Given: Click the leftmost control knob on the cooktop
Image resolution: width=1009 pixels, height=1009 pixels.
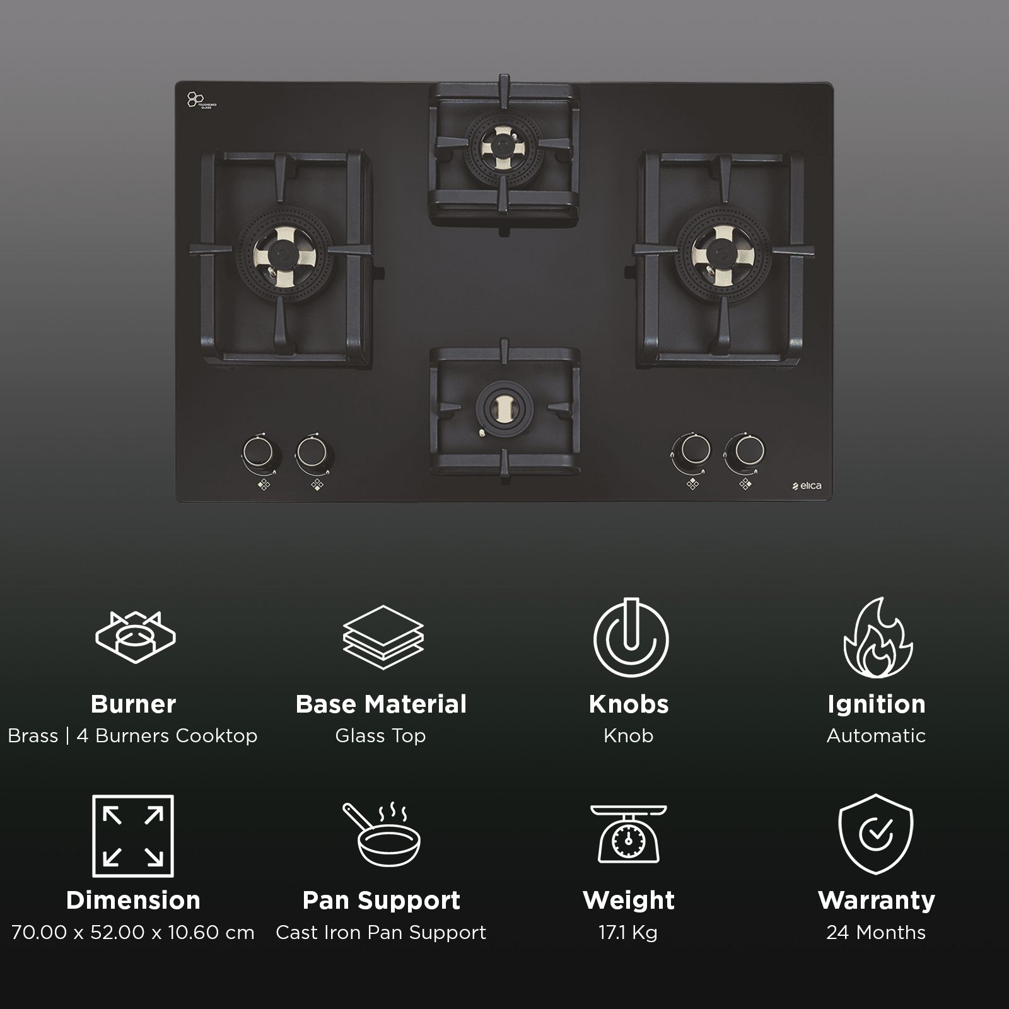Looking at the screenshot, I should [258, 452].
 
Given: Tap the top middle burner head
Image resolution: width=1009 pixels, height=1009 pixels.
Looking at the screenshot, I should [503, 148].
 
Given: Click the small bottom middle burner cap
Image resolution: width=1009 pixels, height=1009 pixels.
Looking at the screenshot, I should [504, 408].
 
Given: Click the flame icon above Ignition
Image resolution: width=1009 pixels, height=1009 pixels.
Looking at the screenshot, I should [877, 638].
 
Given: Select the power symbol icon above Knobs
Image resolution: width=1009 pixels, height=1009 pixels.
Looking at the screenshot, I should [629, 638].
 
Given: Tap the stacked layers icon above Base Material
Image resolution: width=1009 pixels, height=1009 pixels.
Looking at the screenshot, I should [382, 638].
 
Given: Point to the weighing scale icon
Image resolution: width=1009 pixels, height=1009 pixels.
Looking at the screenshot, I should [629, 834].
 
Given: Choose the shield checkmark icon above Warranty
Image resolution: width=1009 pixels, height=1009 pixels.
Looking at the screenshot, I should [876, 834].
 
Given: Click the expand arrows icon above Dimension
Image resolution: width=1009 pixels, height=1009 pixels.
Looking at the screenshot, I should [133, 836].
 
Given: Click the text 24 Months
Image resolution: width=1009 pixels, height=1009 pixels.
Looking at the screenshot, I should [876, 933].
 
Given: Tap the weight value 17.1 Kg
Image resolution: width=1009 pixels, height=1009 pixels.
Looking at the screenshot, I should [628, 933].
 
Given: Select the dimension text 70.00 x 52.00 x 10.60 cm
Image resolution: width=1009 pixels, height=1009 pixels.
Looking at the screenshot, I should [133, 933].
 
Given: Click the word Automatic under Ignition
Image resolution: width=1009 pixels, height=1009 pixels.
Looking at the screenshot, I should [876, 736].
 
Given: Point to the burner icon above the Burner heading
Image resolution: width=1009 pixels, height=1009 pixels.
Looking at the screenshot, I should [135, 638].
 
